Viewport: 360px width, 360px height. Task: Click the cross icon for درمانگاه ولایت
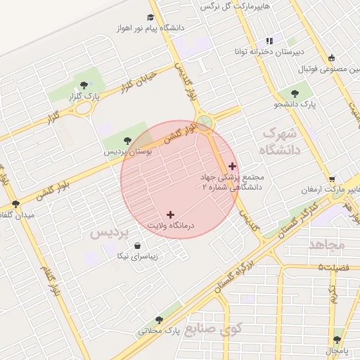(x=170, y=214)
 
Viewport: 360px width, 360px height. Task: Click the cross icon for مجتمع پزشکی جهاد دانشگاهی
(x=232, y=166)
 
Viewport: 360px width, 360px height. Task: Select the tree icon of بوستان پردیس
(x=127, y=141)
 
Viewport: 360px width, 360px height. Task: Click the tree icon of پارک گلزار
(x=84, y=85)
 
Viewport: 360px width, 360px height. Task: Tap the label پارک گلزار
(x=84, y=96)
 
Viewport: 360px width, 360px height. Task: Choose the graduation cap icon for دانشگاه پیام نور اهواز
(x=150, y=17)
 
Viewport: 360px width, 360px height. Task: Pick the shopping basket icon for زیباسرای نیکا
(x=136, y=246)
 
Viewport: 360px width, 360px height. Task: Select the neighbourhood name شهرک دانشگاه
(x=281, y=141)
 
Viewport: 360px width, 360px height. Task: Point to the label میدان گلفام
(x=17, y=214)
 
